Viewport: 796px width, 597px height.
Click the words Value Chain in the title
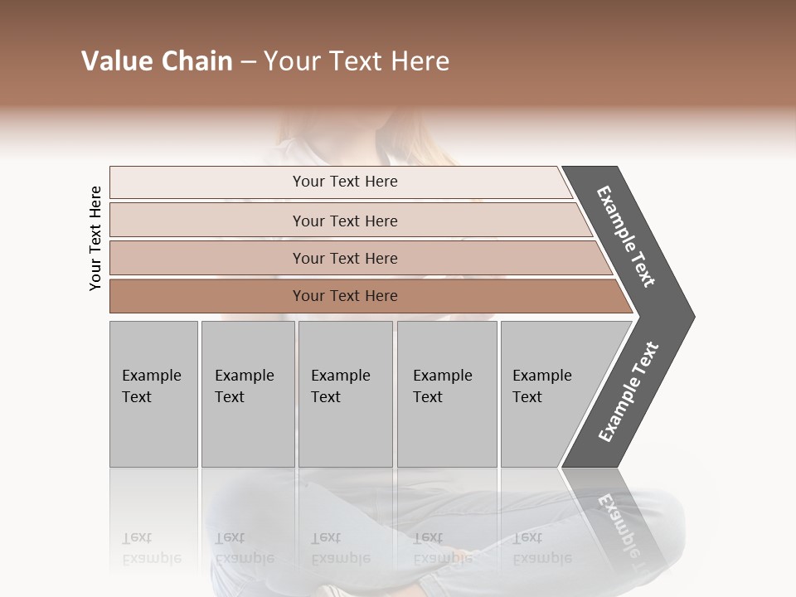click(x=157, y=61)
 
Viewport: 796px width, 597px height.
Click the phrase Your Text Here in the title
click(x=357, y=61)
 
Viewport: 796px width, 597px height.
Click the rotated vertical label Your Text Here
click(x=95, y=238)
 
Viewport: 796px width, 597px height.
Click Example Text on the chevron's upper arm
click(x=626, y=236)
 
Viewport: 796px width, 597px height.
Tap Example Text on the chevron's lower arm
click(x=629, y=392)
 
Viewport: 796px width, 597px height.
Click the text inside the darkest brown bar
click(x=345, y=296)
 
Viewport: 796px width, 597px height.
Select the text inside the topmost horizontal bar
click(x=345, y=182)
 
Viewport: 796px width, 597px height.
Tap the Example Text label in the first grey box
click(x=151, y=386)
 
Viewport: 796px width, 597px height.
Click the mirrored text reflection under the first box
click(x=151, y=548)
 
